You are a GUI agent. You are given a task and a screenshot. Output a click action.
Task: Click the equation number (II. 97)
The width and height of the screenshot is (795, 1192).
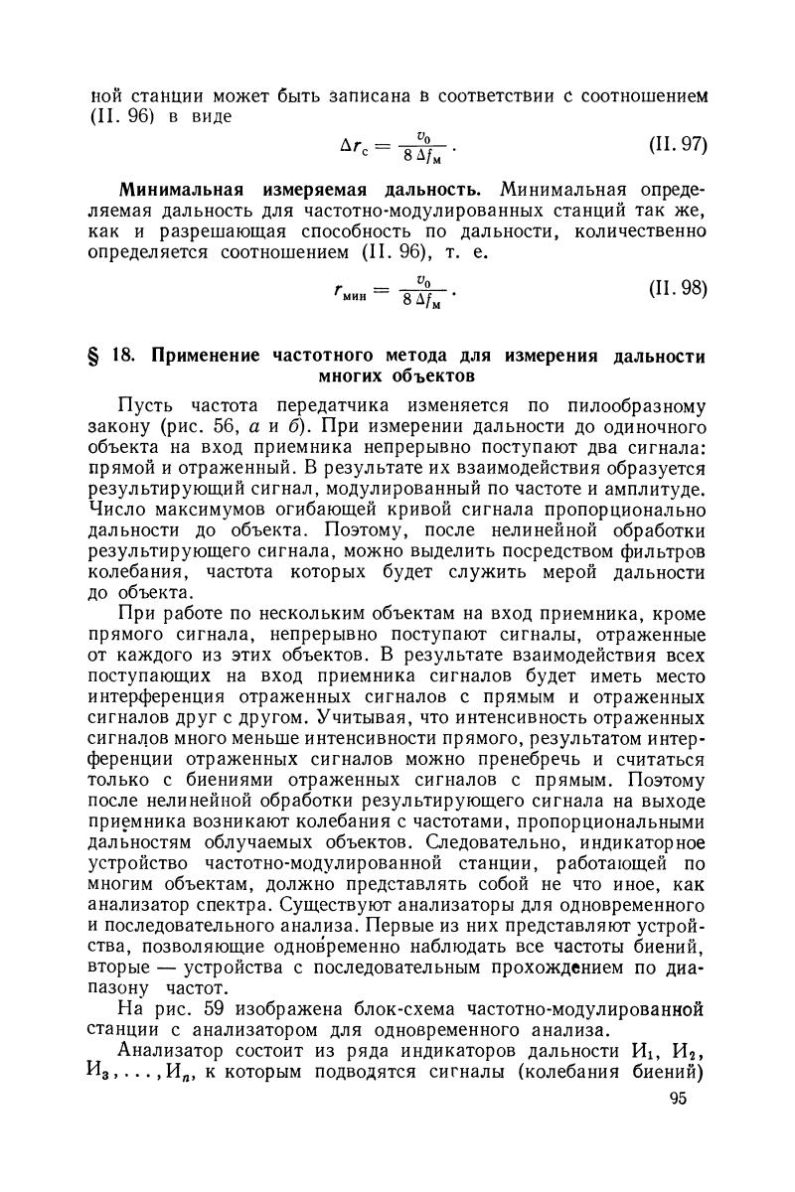(x=677, y=146)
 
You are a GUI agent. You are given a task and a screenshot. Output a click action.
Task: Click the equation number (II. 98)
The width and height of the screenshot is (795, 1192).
(x=677, y=289)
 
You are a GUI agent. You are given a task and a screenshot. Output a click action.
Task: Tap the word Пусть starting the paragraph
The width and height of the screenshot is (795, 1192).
(x=145, y=406)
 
